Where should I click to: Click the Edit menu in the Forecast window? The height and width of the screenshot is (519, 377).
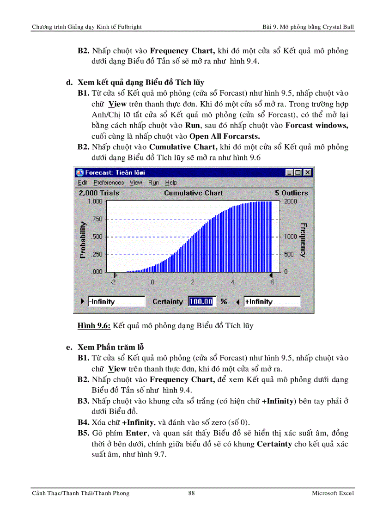click(83, 183)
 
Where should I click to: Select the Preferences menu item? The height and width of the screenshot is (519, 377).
click(109, 183)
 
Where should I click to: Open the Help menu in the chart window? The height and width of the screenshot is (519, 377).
click(171, 183)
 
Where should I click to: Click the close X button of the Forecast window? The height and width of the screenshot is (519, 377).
click(308, 172)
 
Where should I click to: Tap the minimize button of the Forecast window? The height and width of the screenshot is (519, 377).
click(289, 172)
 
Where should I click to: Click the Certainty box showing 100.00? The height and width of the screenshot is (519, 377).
click(201, 301)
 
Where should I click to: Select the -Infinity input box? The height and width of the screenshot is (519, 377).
click(116, 301)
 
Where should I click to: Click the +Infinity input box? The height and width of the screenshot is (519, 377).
click(271, 301)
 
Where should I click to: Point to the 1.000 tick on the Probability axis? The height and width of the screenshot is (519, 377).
click(95, 201)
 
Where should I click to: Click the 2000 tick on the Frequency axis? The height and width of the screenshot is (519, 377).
click(290, 201)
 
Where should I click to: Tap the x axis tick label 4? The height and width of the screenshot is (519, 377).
click(233, 282)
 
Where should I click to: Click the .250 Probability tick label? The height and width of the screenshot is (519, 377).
click(97, 254)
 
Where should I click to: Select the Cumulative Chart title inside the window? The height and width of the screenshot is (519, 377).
click(193, 193)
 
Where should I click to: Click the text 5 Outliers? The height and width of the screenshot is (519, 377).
click(291, 193)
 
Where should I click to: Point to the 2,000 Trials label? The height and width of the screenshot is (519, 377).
click(99, 193)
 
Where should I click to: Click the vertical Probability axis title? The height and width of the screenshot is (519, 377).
click(83, 239)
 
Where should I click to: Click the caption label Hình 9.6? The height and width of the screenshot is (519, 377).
click(94, 326)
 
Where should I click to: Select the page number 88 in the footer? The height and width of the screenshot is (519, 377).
click(191, 493)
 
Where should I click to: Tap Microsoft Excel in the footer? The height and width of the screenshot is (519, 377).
click(333, 493)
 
